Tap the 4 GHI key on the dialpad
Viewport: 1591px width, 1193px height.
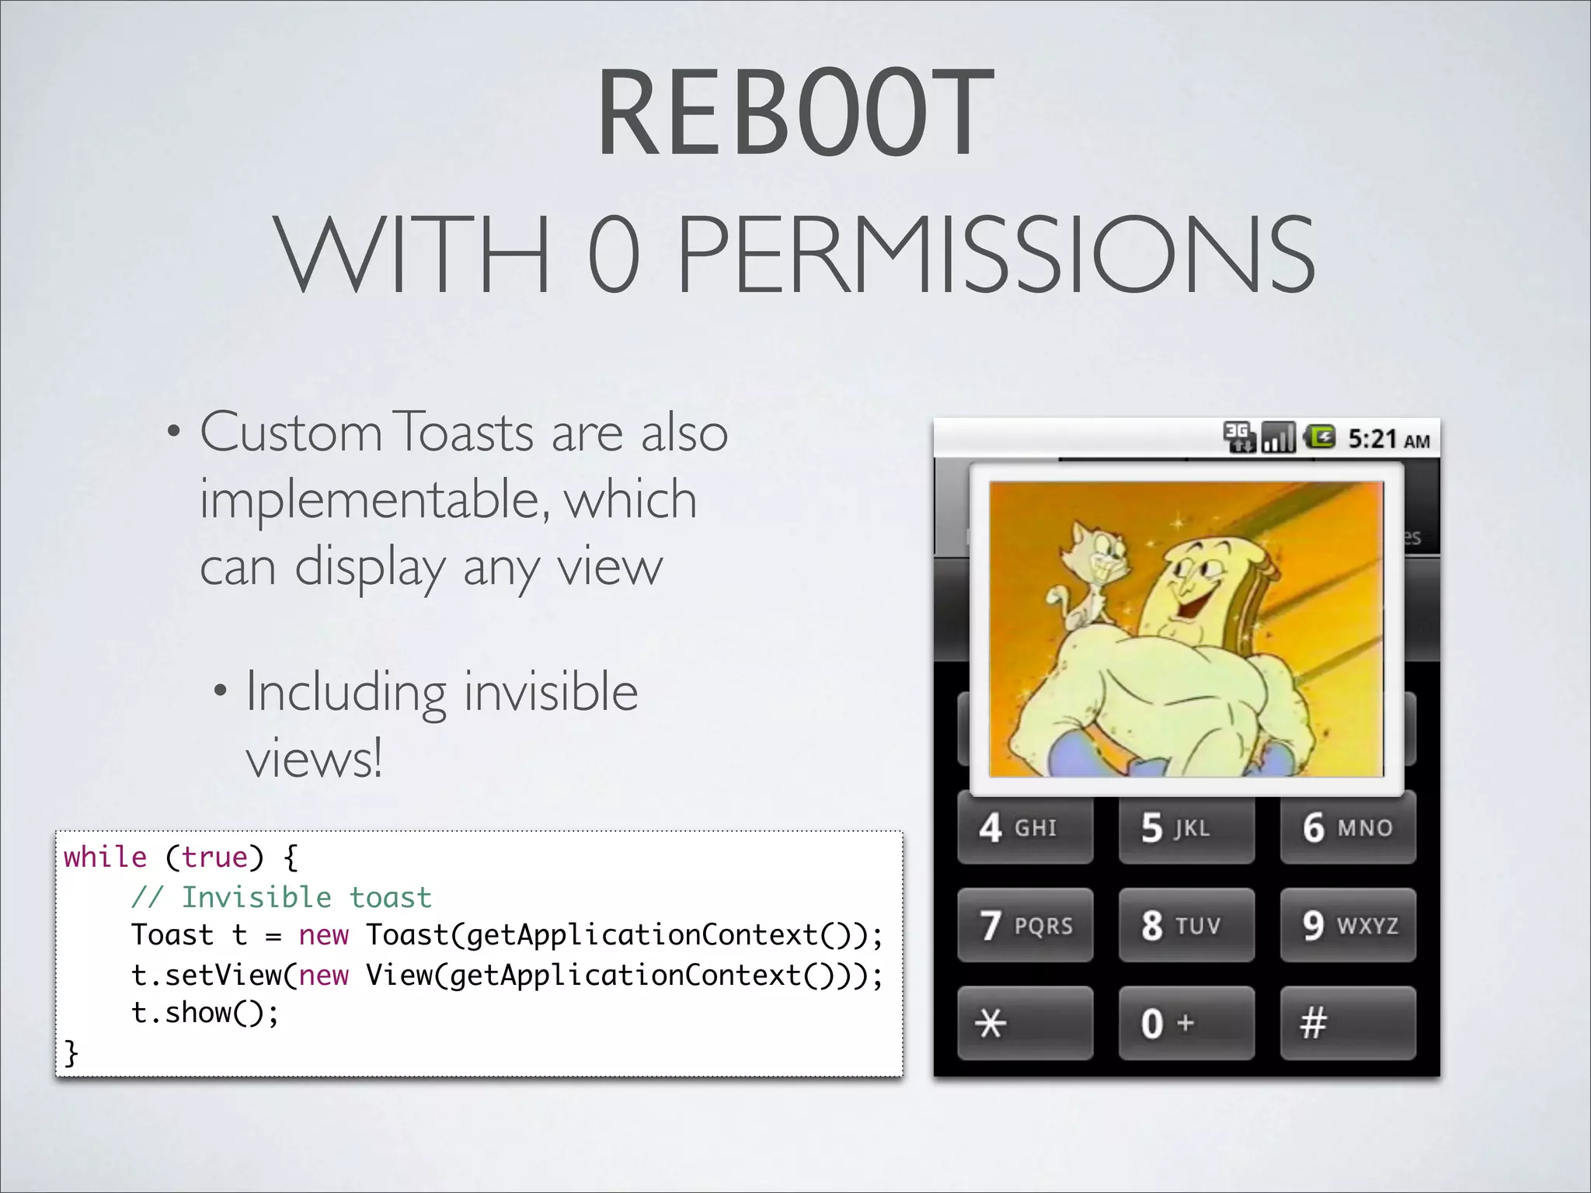tap(1025, 828)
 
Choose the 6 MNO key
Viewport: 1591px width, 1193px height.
tap(1348, 828)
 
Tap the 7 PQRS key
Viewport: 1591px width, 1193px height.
tap(1025, 926)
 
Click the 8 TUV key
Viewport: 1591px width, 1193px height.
tap(1186, 926)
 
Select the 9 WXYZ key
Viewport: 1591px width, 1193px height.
tap(1348, 926)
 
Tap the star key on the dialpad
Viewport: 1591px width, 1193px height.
tap(1025, 1024)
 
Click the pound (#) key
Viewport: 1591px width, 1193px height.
tap(1348, 1024)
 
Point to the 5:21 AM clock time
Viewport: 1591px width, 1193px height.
tap(1388, 440)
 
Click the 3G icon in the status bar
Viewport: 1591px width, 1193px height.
tap(1238, 437)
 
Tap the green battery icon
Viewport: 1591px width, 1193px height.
tap(1319, 437)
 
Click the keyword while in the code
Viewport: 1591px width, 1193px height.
tap(105, 857)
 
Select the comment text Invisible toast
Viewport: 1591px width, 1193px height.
tap(306, 898)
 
